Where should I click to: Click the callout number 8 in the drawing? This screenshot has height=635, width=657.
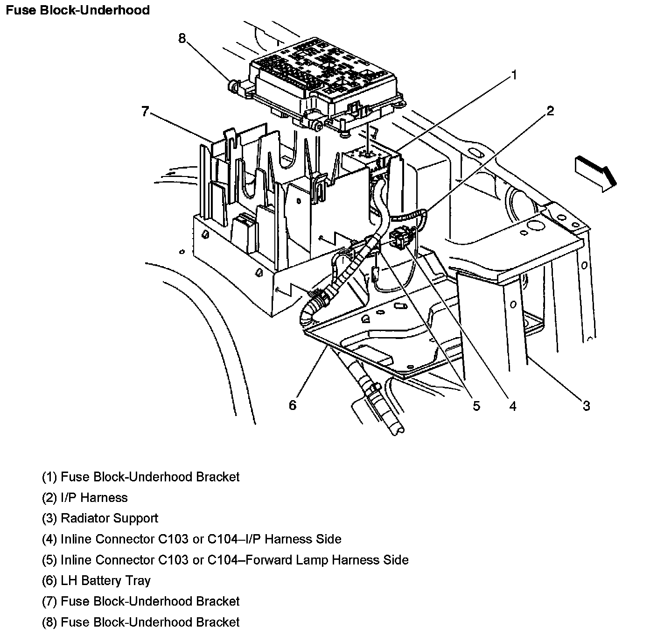coord(182,38)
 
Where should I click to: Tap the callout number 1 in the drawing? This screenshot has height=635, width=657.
coord(514,75)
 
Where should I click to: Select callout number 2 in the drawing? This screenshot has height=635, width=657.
coord(550,111)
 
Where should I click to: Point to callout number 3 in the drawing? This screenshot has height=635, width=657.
coord(586,406)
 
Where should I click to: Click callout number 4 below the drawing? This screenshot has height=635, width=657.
coord(513,406)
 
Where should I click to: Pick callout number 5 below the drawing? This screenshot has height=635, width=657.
coord(476,406)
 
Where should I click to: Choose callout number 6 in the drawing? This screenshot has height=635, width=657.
coord(293,405)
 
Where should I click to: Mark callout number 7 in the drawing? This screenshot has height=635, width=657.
coord(145,111)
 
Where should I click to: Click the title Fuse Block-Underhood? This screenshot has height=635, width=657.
coord(77,10)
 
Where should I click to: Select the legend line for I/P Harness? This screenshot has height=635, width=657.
coord(85,498)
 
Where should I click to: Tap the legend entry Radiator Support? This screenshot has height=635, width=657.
coord(100,518)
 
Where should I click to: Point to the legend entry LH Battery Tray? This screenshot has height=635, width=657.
coord(96,580)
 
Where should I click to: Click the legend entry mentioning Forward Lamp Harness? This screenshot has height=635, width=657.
coord(225,560)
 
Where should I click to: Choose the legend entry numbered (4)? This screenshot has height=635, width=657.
coord(191,539)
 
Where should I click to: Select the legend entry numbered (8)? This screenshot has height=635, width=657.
coord(140,622)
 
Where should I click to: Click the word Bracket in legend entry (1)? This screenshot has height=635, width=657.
coord(217,477)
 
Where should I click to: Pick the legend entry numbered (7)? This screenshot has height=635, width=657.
coord(140,601)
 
